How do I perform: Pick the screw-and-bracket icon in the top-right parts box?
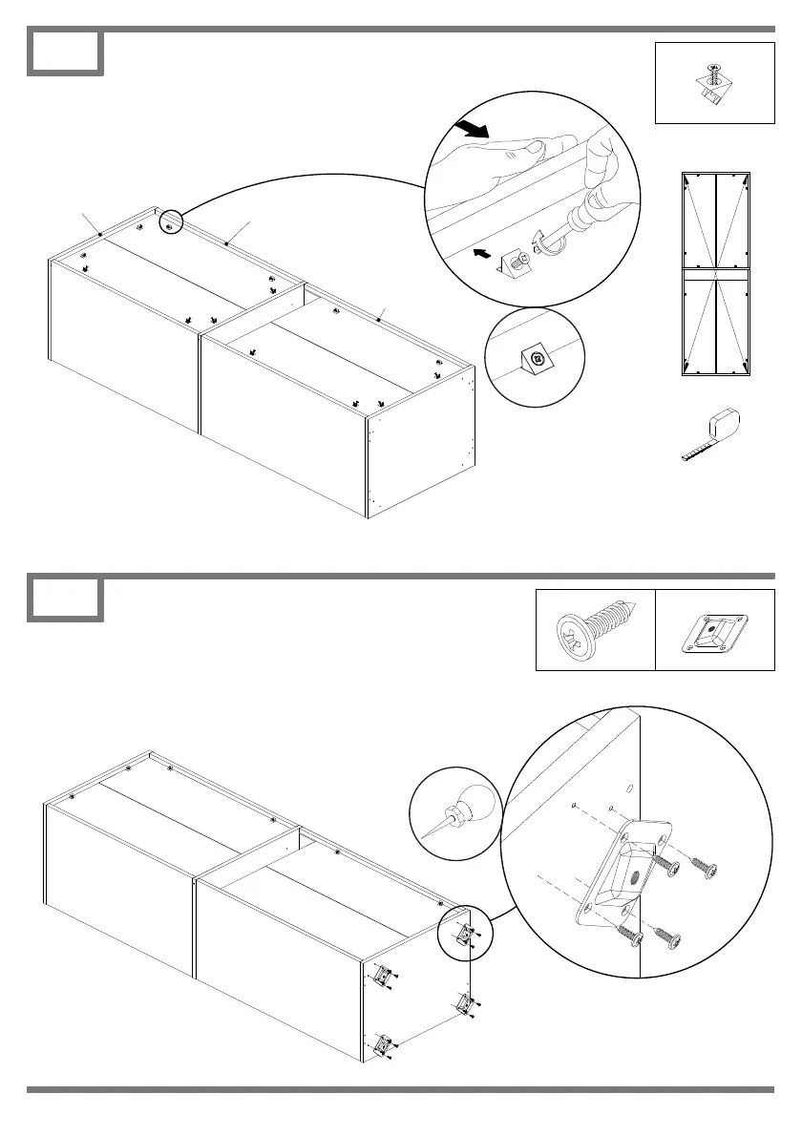pos(713,82)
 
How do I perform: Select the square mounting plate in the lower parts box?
pos(715,631)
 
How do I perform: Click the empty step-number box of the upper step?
pos(65,53)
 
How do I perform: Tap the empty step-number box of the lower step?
pos(65,600)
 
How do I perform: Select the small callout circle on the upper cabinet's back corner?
pos(169,224)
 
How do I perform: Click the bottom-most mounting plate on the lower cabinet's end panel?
pos(386,1044)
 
